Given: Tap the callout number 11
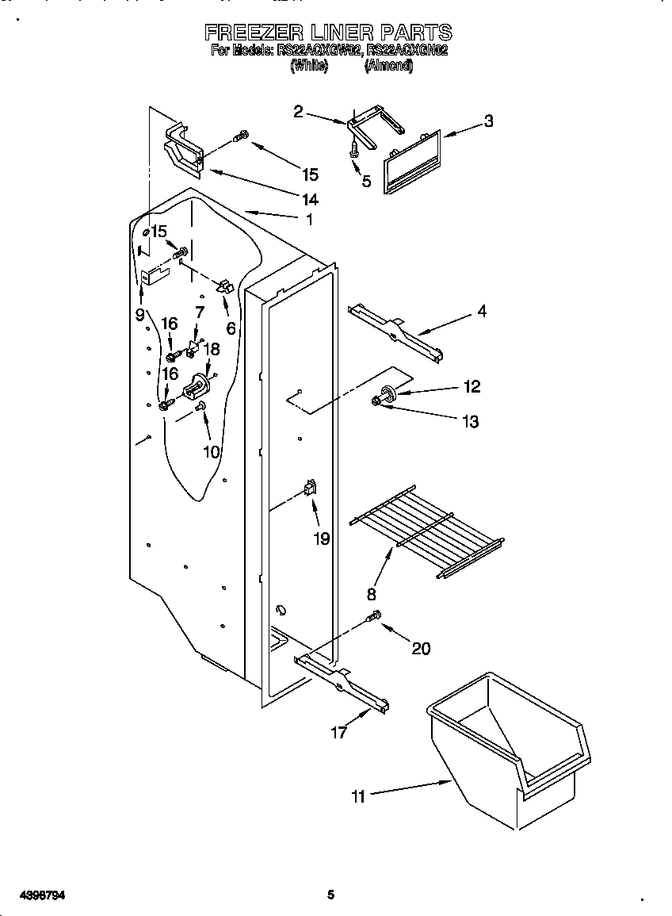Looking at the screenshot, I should click(359, 796).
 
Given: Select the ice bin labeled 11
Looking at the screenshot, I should click(507, 745).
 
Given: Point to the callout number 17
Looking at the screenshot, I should click(339, 733).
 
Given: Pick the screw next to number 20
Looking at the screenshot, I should click(373, 616).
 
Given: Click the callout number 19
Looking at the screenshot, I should click(321, 538).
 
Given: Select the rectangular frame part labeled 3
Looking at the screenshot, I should click(410, 164).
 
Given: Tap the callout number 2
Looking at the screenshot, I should click(298, 112).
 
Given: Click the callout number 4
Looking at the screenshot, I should click(481, 312).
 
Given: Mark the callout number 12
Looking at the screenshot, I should click(472, 386).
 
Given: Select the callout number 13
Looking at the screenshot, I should click(470, 422).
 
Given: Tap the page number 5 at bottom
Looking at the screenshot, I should click(331, 895).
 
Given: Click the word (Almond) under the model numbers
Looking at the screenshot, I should click(388, 67).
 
